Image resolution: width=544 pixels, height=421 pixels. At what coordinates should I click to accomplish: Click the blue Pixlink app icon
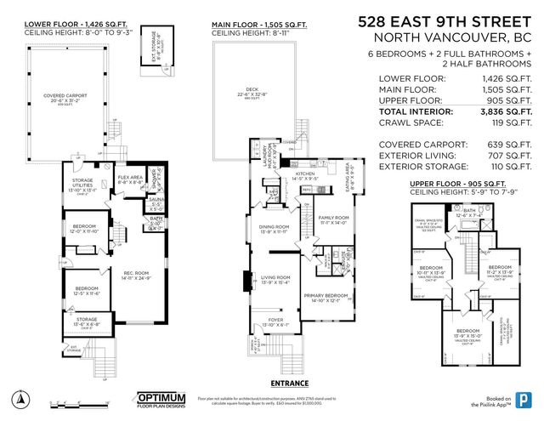pos(523,400)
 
